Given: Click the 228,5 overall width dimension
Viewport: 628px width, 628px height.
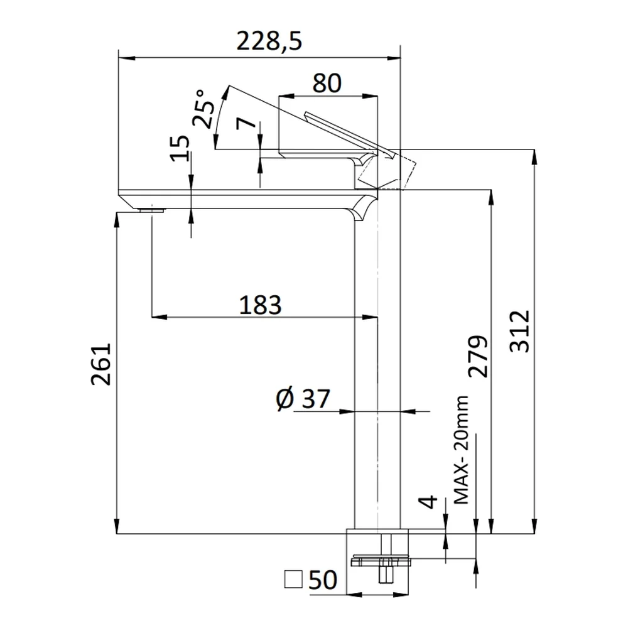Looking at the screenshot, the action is [x=269, y=41].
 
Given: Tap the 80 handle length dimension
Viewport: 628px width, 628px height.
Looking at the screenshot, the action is [x=327, y=84].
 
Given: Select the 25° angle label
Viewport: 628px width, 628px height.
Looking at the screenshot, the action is [x=203, y=109].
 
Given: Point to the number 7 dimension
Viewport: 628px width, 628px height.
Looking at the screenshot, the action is [x=246, y=123].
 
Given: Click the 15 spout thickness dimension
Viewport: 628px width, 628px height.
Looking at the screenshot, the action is [x=180, y=148].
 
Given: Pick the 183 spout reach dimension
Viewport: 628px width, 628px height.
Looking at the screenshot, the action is [x=261, y=305].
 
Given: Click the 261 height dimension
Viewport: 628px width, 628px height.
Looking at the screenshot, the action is [x=100, y=364].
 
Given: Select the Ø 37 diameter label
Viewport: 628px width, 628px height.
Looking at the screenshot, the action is [x=303, y=399].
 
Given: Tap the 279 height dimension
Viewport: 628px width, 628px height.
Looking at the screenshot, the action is [x=478, y=356].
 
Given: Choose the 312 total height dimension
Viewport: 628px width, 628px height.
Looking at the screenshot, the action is [x=519, y=331].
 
